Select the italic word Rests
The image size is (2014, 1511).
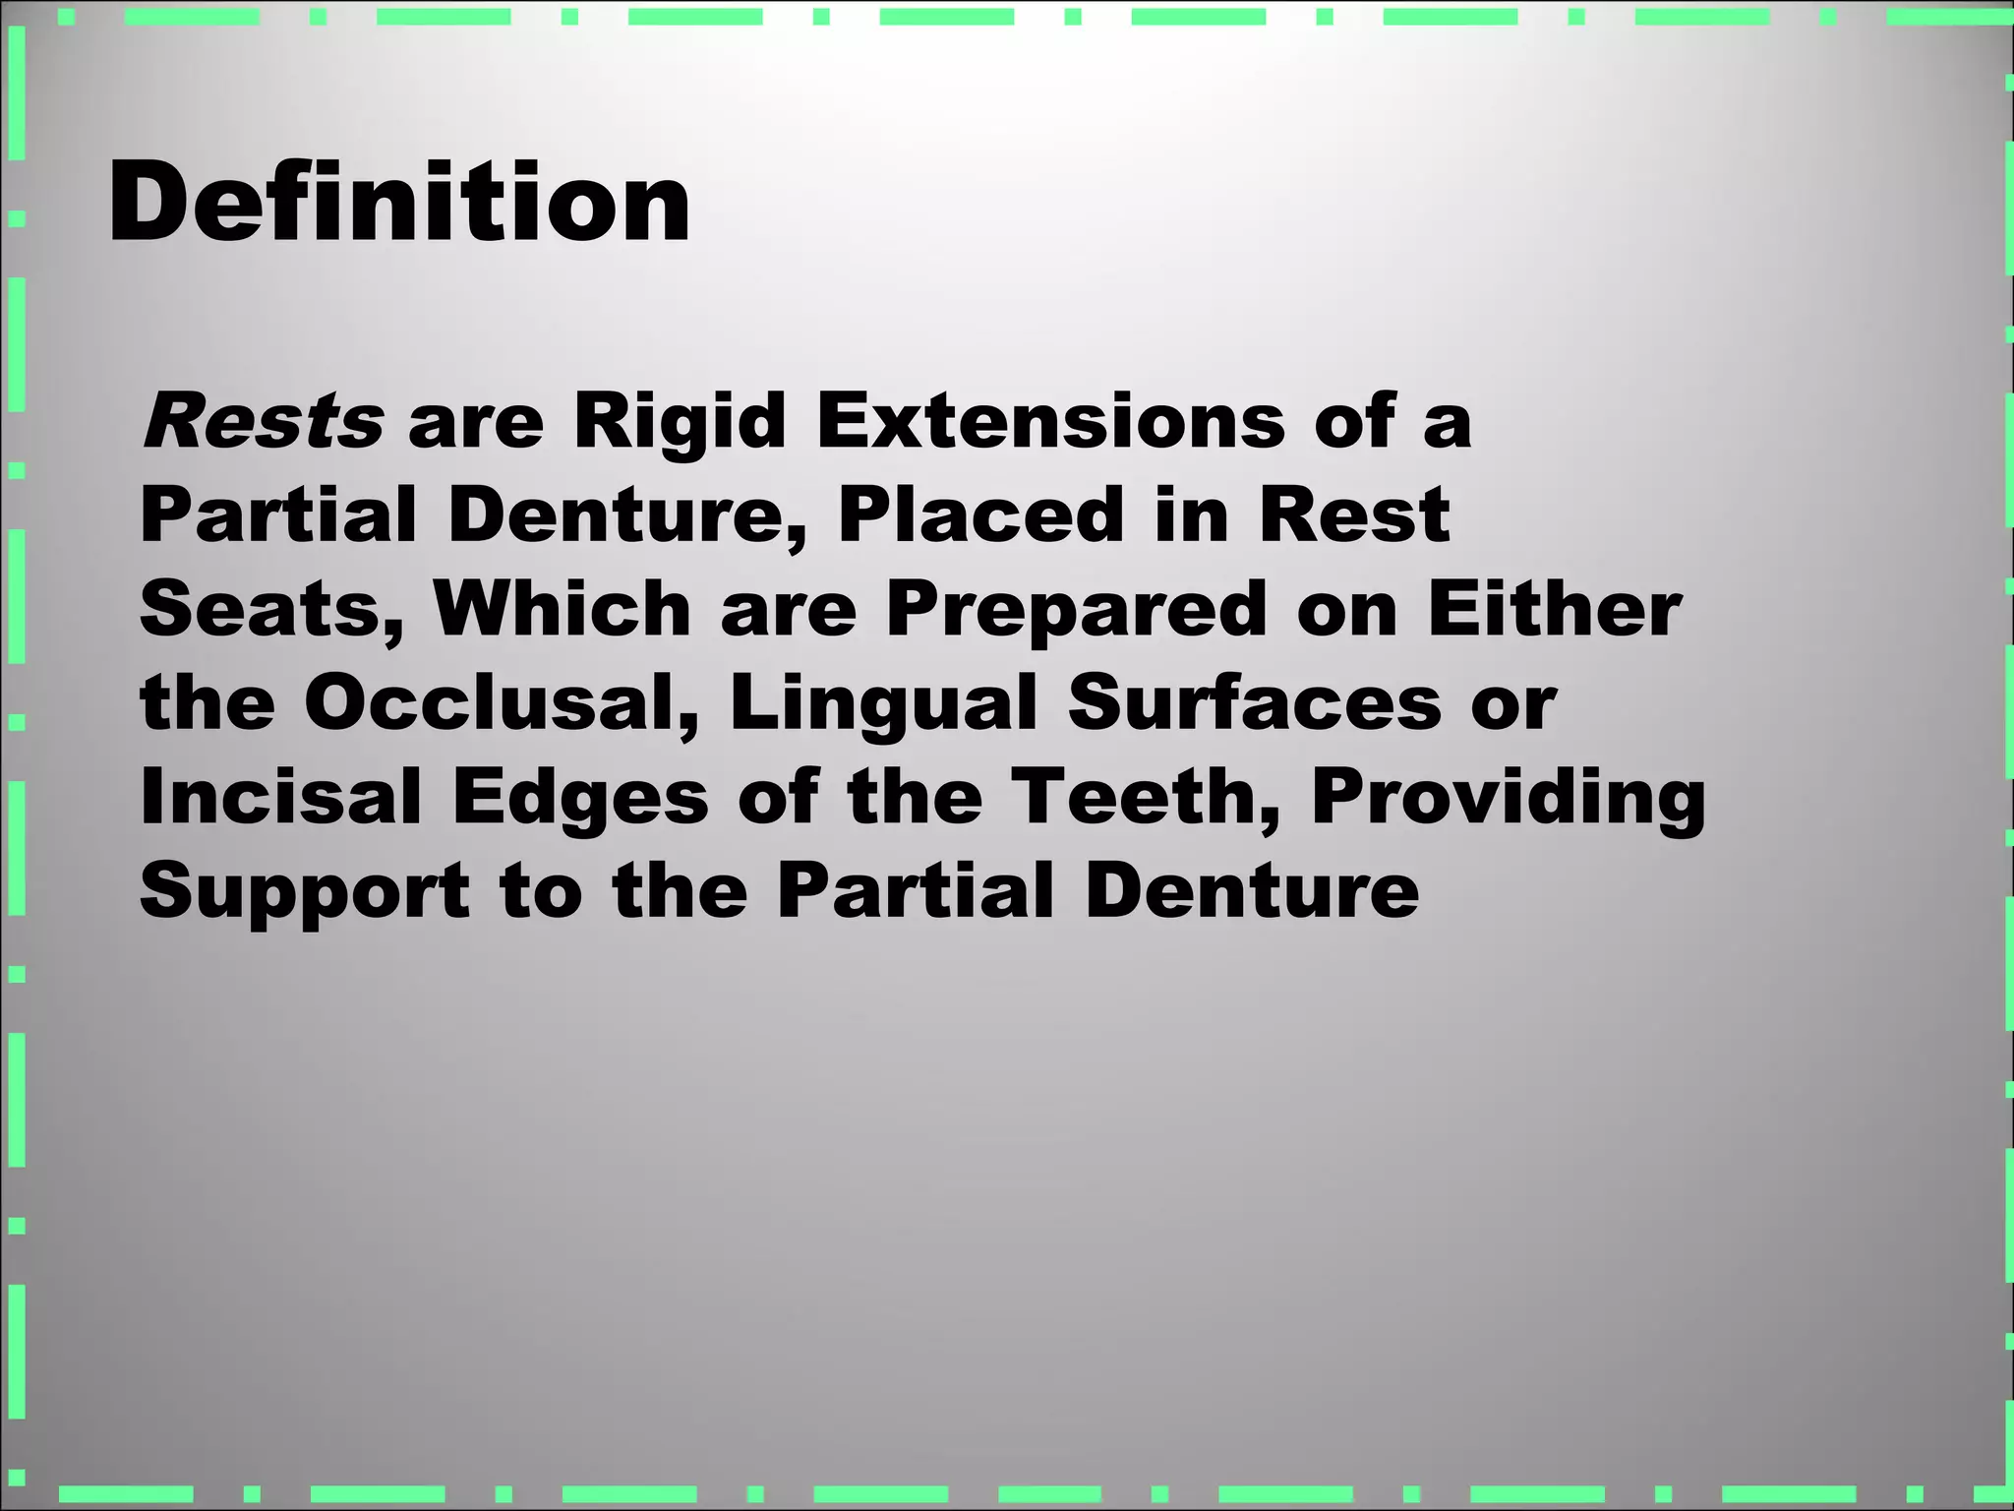pos(263,421)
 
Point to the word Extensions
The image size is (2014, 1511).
pos(1050,421)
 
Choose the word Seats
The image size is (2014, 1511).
pos(271,609)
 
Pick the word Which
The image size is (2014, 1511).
pos(563,609)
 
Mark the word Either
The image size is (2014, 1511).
pos(1554,609)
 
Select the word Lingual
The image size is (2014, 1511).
pos(883,704)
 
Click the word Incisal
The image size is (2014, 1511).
pos(280,796)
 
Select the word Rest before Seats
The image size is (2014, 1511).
pos(1354,514)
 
